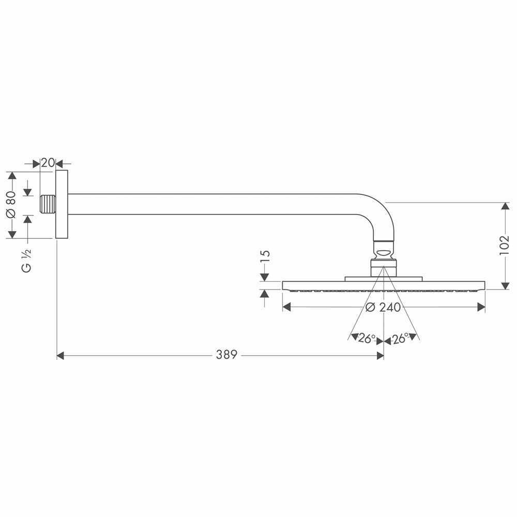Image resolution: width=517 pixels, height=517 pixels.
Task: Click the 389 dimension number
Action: [x=226, y=355]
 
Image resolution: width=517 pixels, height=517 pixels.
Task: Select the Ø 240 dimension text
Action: [x=383, y=308]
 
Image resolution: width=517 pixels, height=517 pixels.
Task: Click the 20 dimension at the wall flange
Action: [x=48, y=163]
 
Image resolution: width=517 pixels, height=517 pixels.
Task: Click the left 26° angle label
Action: [x=366, y=339]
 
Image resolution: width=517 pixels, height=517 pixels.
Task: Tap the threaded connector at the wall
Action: [x=48, y=204]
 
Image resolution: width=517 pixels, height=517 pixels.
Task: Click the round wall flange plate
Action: [x=62, y=204]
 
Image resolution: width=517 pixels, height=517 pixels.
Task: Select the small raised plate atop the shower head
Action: [x=383, y=279]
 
